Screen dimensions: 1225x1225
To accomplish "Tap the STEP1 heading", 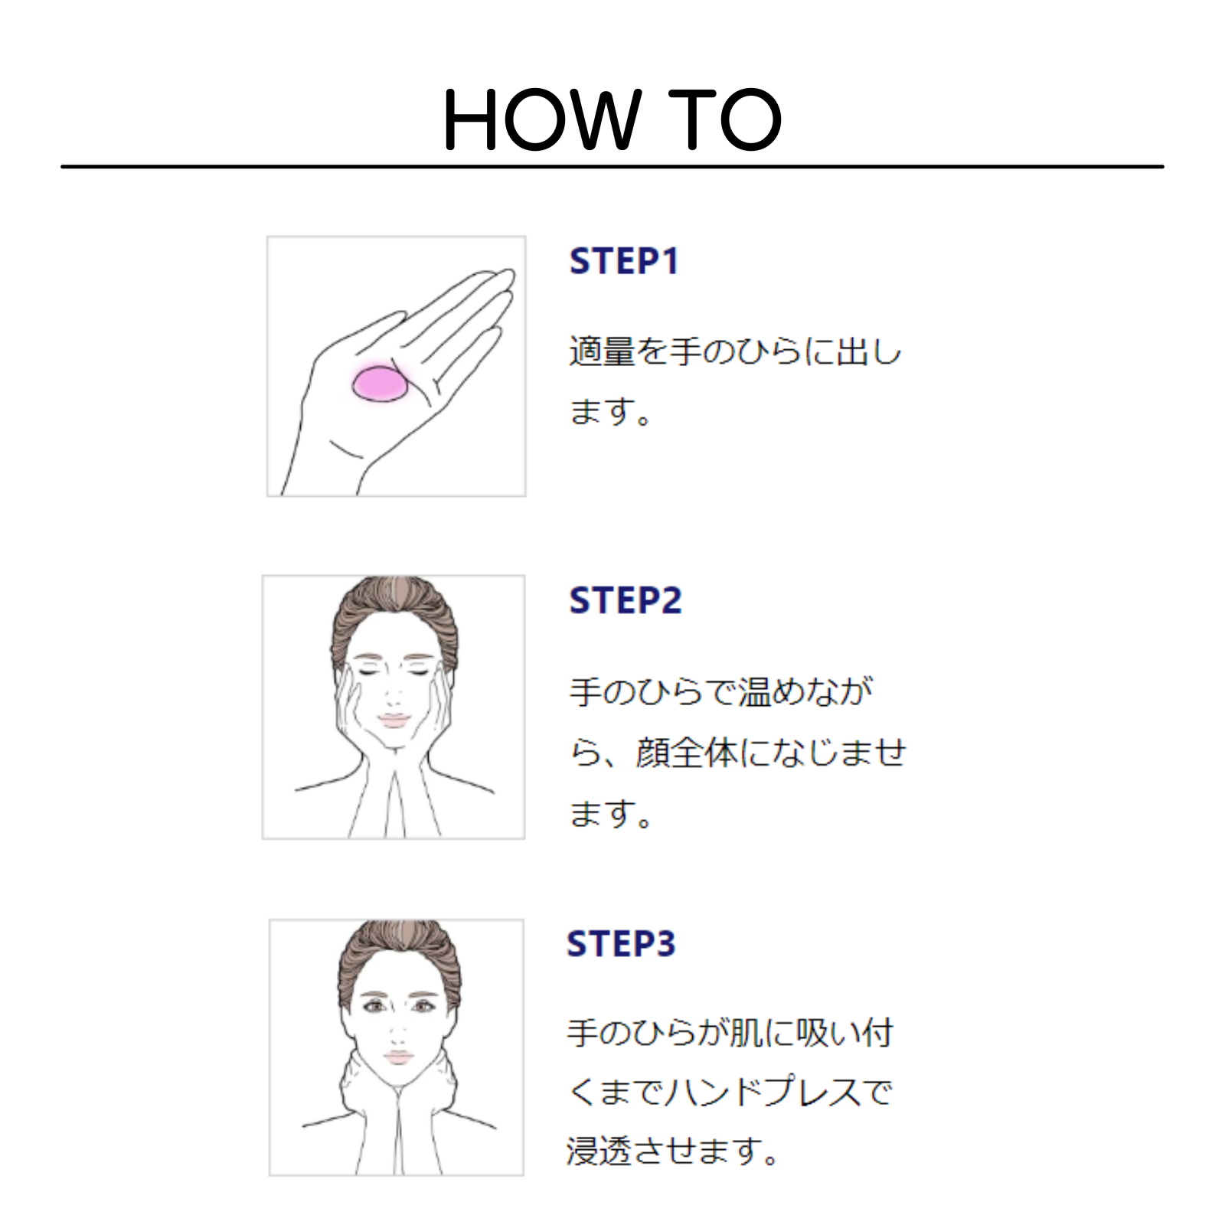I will tap(624, 261).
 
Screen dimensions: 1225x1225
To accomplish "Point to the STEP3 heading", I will tap(621, 943).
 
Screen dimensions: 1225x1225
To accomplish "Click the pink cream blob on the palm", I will tap(380, 384).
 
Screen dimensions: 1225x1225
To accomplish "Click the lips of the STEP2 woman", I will tap(394, 720).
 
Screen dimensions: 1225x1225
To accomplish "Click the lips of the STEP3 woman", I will tap(398, 1057).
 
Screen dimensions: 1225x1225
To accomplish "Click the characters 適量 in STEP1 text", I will tap(602, 351).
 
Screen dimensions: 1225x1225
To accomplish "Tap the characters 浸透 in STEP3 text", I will tap(599, 1151).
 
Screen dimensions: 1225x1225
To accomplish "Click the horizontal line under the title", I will tap(612, 166).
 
